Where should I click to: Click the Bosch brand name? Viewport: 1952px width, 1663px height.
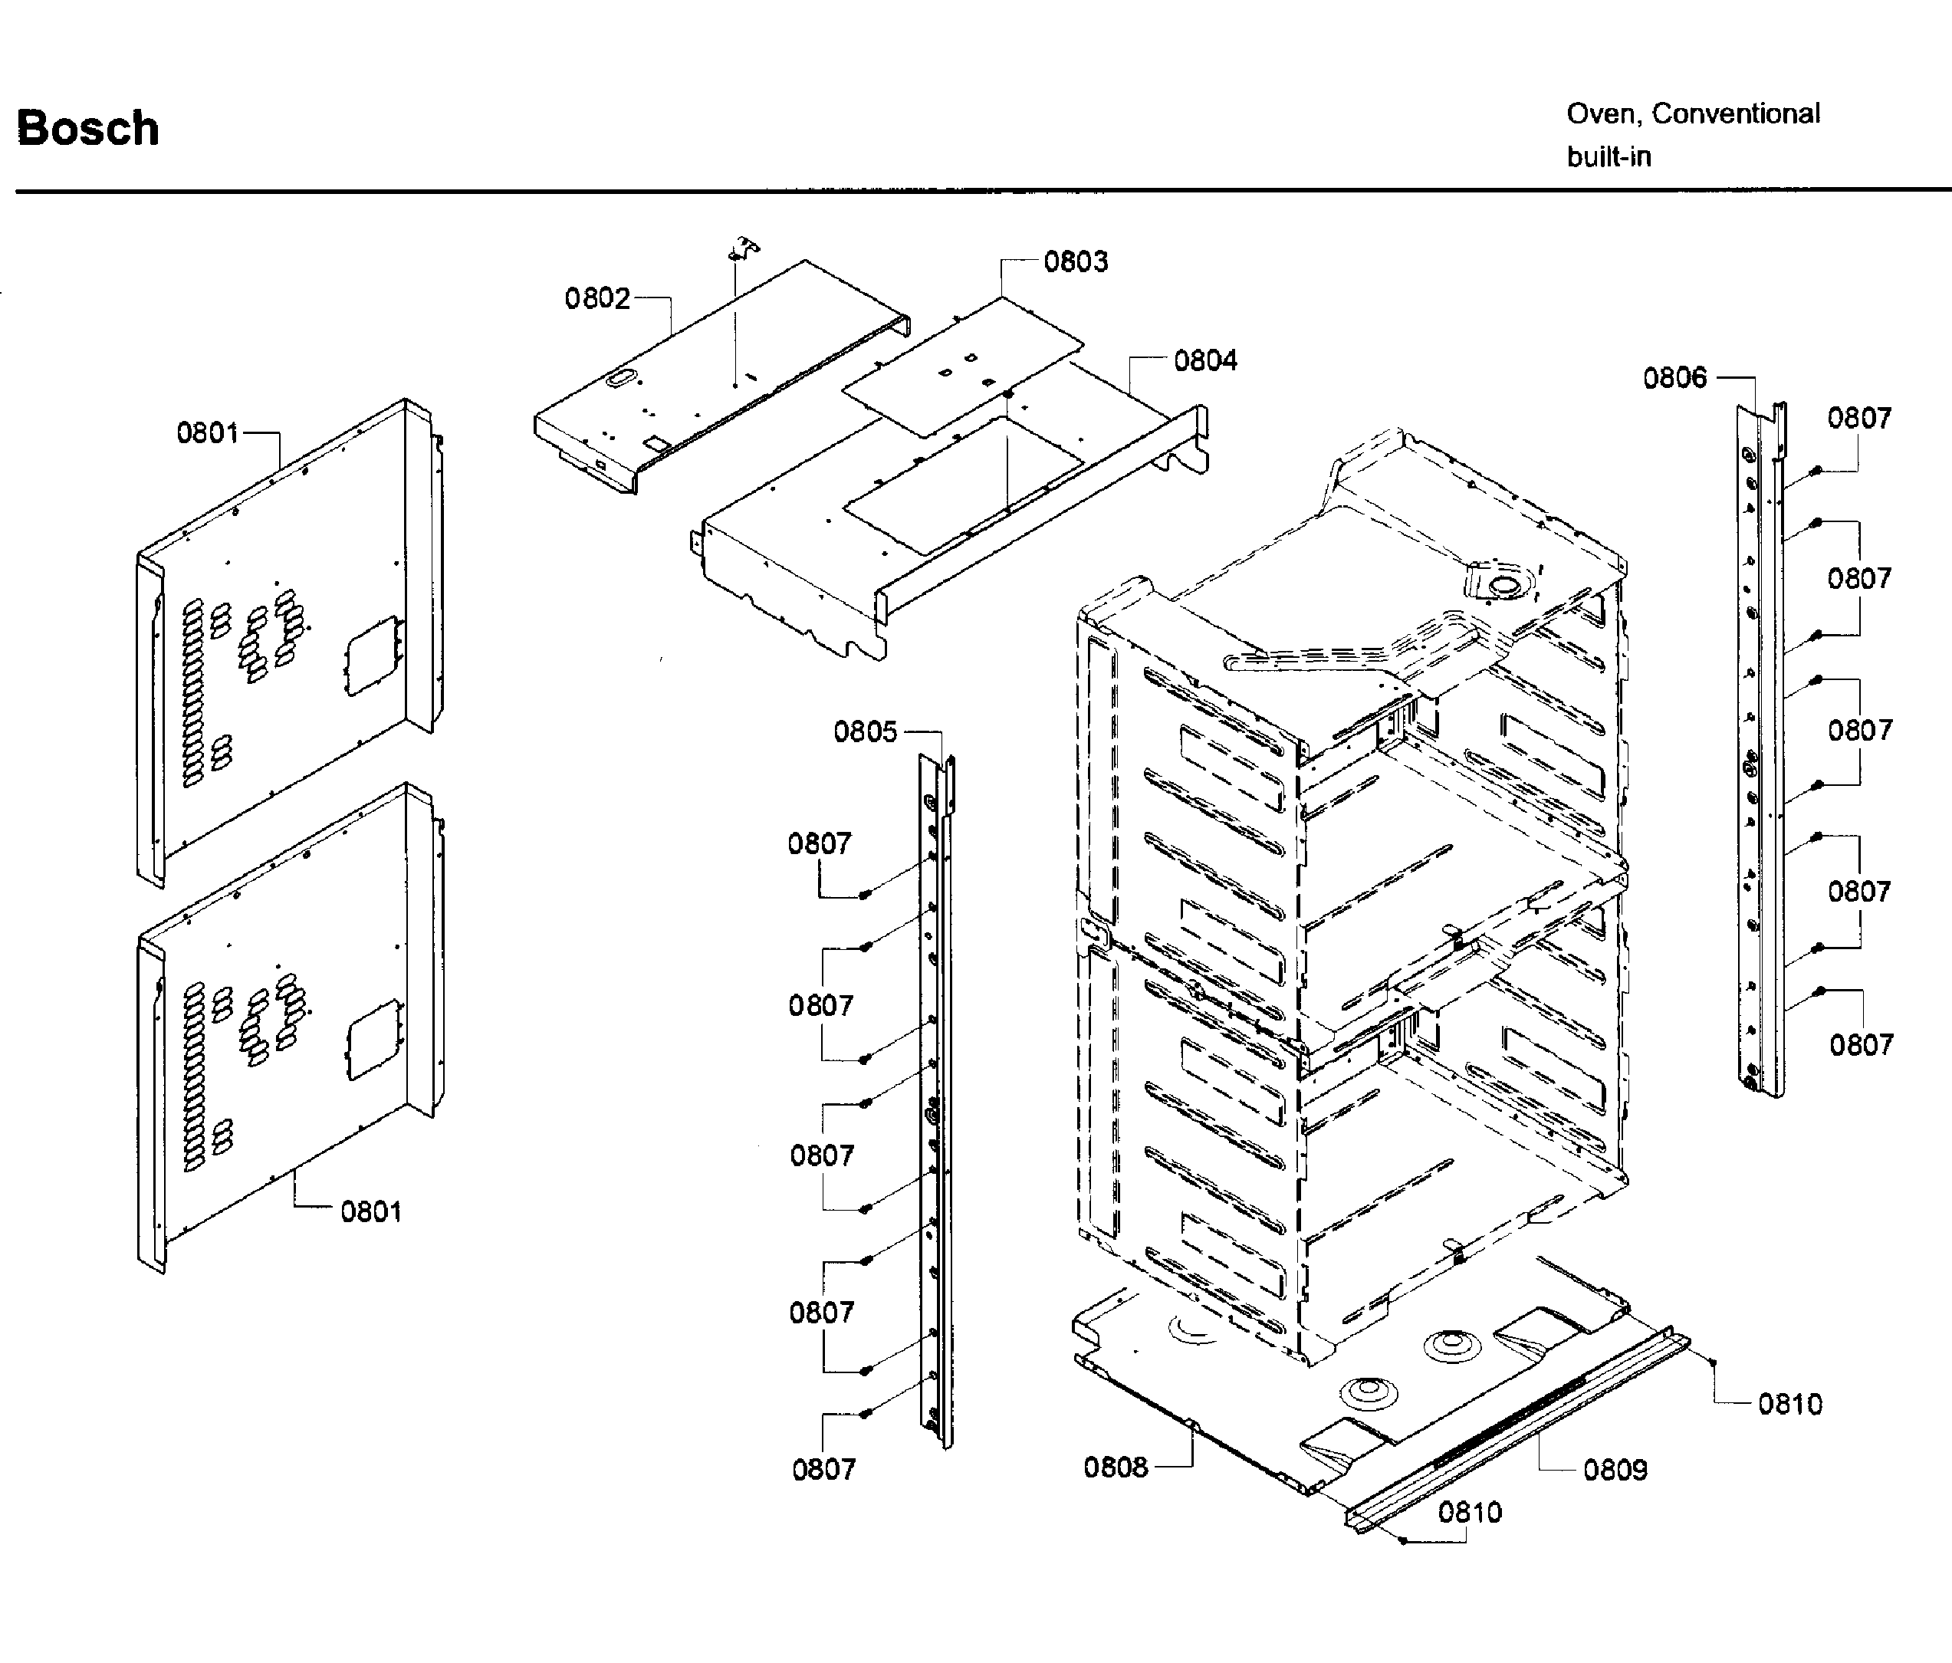pyautogui.click(x=87, y=128)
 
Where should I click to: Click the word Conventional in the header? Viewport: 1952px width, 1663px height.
pyautogui.click(x=1735, y=114)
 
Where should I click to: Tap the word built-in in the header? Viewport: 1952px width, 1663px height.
pyautogui.click(x=1609, y=156)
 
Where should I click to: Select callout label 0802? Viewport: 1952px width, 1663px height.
pyautogui.click(x=596, y=299)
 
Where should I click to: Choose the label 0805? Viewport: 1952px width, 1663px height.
pyautogui.click(x=865, y=731)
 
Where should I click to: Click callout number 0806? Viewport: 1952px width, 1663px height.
pyautogui.click(x=1674, y=378)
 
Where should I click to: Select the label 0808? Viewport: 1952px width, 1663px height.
pyautogui.click(x=1115, y=1467)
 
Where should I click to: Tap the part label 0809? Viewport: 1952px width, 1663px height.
pyautogui.click(x=1615, y=1470)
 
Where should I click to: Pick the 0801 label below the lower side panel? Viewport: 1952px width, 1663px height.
pyautogui.click(x=370, y=1211)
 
